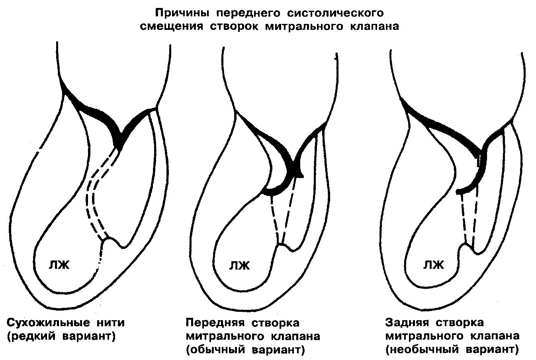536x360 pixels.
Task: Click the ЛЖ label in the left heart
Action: point(59,264)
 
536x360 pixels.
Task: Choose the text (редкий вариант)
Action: point(61,336)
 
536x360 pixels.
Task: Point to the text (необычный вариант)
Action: point(452,350)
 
